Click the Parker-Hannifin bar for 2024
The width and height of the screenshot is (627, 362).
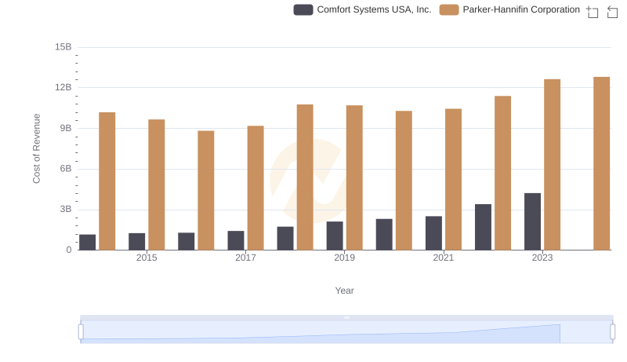[601, 163]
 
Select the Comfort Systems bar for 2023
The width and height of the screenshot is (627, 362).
[532, 221]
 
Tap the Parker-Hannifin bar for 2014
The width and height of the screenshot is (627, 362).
[107, 181]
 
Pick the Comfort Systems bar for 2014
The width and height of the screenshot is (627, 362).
[88, 242]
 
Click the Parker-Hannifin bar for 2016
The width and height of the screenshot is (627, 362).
[206, 190]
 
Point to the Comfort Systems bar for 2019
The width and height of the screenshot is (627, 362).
[335, 236]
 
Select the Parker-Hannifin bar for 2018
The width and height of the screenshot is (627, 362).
[305, 177]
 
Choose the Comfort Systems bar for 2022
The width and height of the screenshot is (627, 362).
[483, 227]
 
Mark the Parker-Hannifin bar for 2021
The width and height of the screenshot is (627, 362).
[453, 179]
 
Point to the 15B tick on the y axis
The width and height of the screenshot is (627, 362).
[63, 47]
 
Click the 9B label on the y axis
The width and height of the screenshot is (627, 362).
[63, 128]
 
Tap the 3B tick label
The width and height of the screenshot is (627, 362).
[63, 210]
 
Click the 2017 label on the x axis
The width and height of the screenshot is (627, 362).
[245, 258]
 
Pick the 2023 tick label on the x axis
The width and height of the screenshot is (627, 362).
[542, 258]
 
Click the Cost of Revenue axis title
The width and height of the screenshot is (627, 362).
[36, 148]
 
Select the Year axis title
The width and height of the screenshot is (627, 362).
[345, 291]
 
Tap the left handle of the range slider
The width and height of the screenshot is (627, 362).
[81, 332]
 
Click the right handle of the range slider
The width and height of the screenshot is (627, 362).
[613, 332]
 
